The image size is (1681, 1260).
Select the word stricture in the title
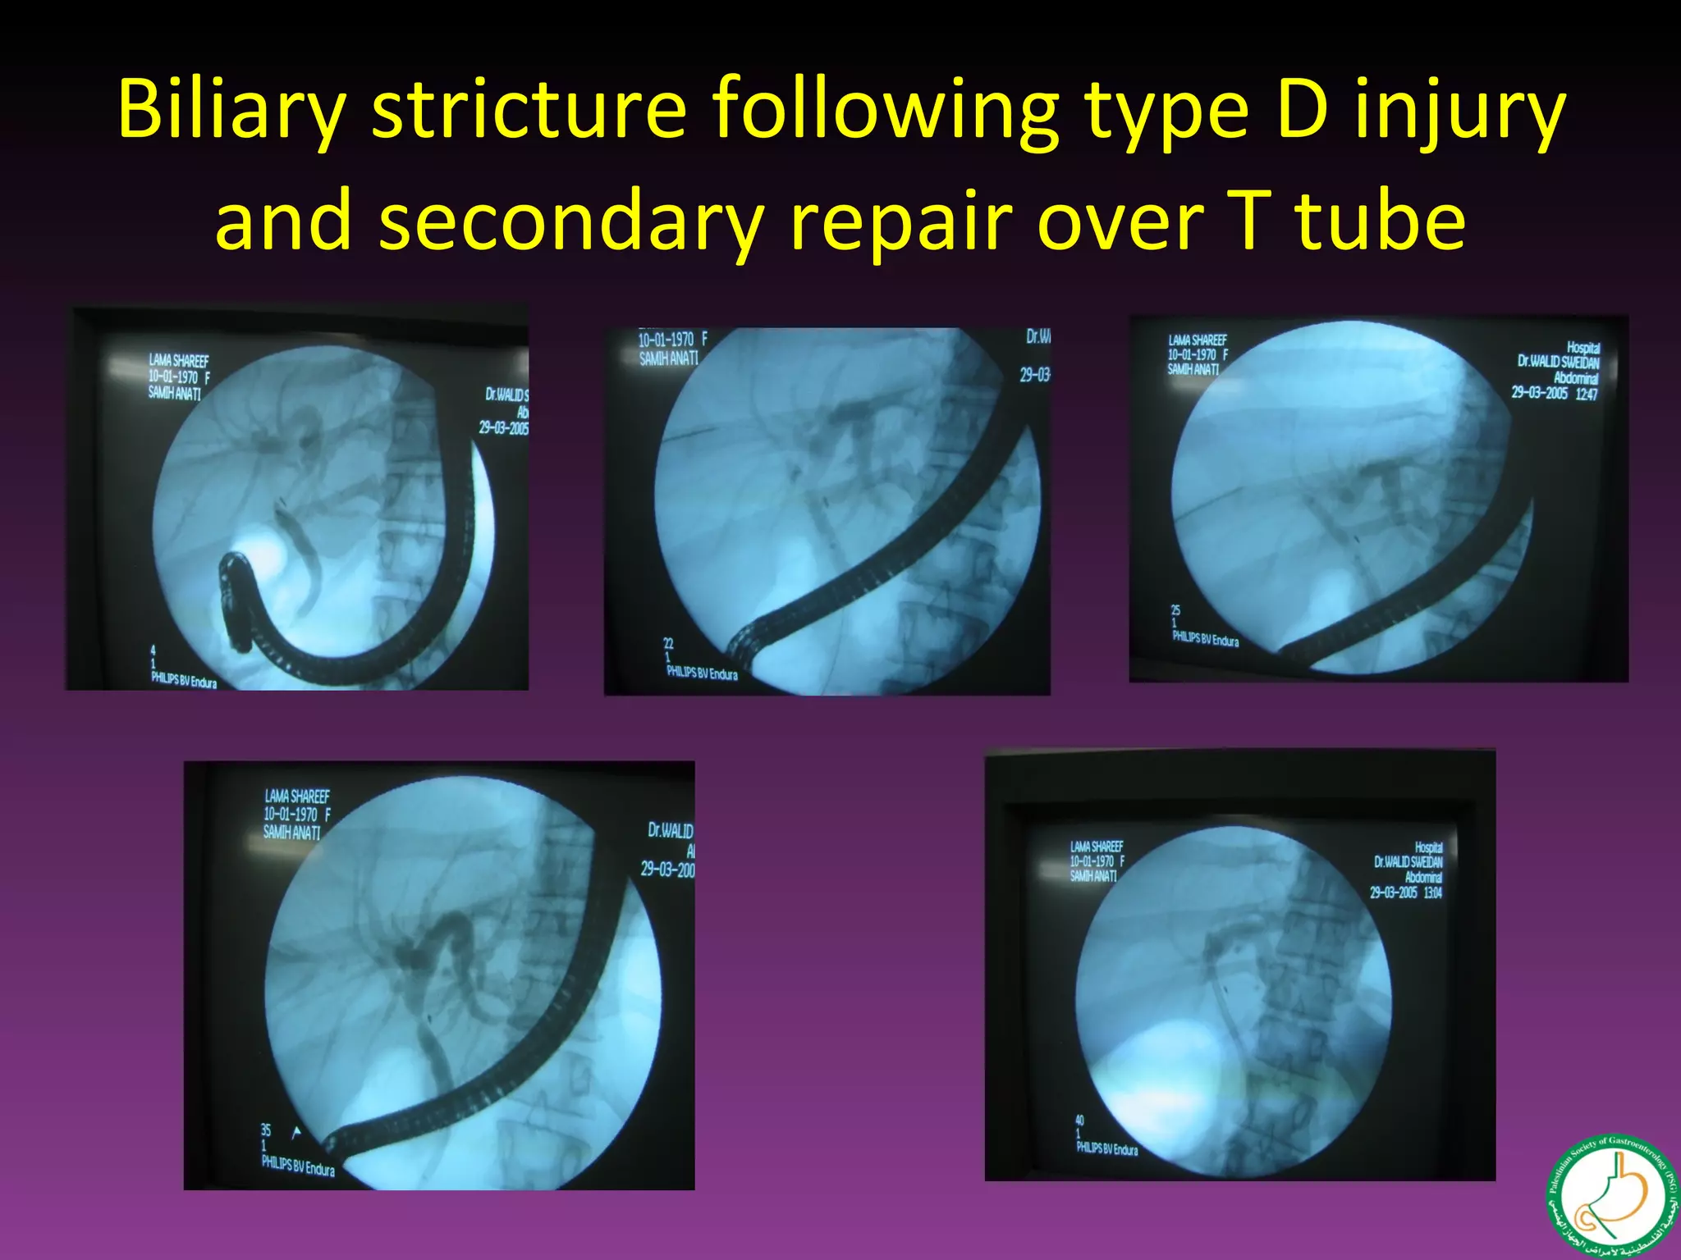click(529, 110)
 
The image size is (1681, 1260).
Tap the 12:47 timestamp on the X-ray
click(1587, 395)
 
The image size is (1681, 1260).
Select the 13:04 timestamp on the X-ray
click(1432, 892)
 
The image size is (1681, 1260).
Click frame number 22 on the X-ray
click(668, 644)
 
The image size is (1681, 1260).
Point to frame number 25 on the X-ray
click(1175, 610)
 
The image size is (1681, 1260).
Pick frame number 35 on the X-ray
click(266, 1130)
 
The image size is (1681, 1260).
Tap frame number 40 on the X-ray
click(1079, 1120)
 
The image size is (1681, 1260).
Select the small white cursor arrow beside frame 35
click(296, 1133)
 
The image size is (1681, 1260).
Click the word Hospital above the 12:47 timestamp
click(1583, 348)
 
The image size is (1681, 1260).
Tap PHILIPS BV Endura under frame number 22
click(702, 673)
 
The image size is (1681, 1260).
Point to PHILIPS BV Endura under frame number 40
click(1106, 1149)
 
